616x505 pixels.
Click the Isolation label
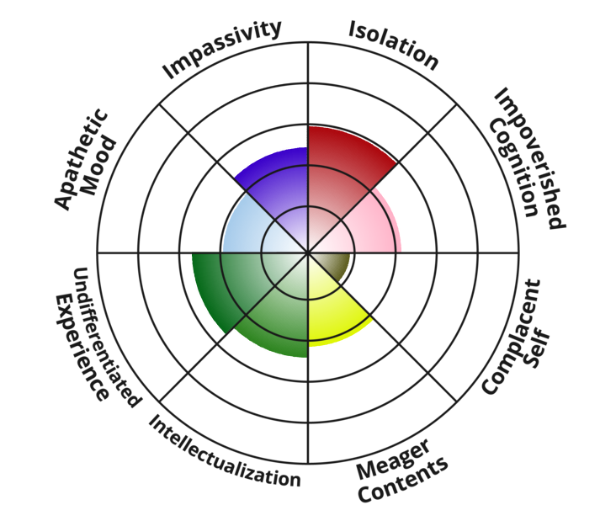pyautogui.click(x=394, y=45)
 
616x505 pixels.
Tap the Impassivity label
pyautogui.click(x=222, y=50)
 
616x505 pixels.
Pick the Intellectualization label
pyautogui.click(x=225, y=451)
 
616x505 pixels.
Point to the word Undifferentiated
pyautogui.click(x=105, y=337)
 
